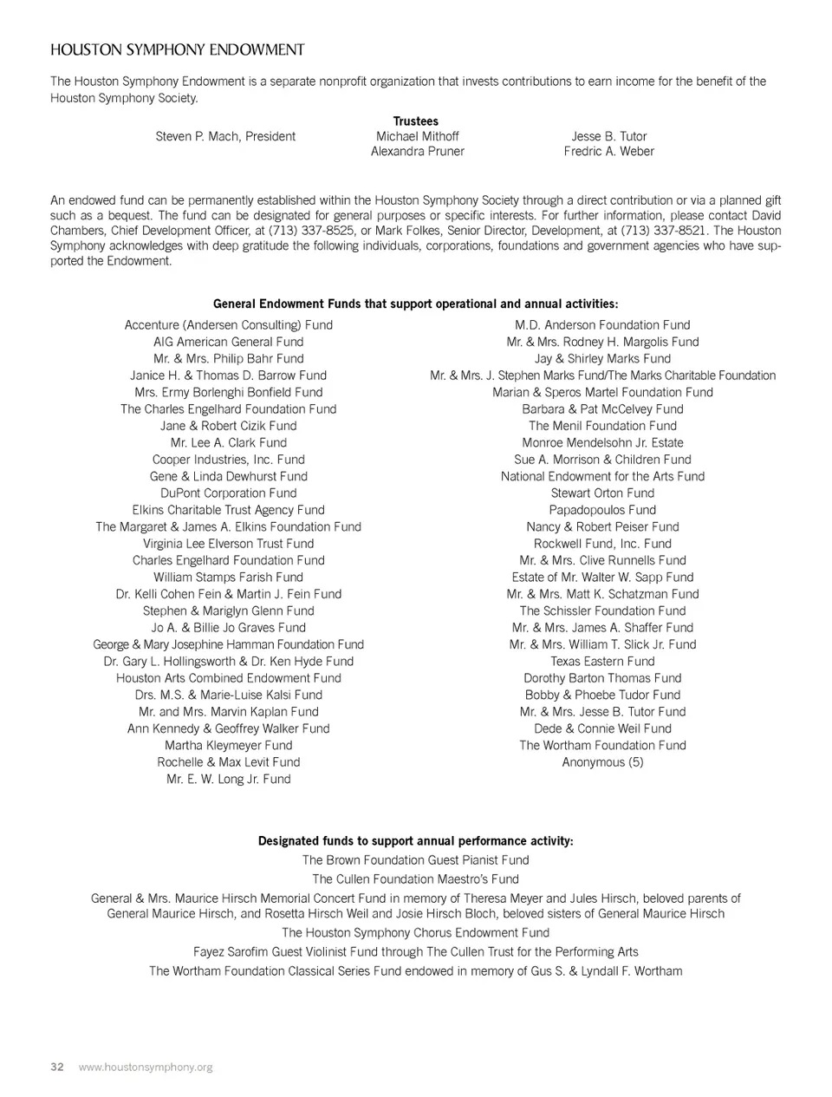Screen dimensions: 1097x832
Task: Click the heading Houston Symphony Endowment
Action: tap(178, 50)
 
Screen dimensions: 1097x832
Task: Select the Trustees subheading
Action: tap(416, 121)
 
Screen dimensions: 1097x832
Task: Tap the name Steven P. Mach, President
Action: tap(225, 136)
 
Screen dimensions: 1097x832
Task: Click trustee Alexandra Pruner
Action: tap(418, 152)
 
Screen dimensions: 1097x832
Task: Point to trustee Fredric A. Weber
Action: tap(609, 152)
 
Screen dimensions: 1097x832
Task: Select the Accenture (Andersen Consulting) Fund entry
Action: tap(229, 325)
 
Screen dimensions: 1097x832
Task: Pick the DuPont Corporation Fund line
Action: tap(229, 493)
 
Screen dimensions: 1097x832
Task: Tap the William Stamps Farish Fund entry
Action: tap(229, 578)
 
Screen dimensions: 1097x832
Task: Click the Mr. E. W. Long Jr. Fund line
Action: tap(229, 780)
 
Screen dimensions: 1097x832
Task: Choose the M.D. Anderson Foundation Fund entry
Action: tap(603, 325)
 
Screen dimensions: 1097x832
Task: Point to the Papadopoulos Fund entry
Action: tap(603, 510)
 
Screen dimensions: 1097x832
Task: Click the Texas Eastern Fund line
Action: tap(603, 662)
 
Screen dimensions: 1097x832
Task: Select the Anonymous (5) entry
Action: tap(603, 762)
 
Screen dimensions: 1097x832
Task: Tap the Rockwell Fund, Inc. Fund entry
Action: tap(603, 544)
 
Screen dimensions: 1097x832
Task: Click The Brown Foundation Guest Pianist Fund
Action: tap(416, 860)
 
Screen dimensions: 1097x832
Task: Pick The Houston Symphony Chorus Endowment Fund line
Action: tap(416, 933)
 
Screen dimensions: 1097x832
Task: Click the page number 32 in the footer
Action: tap(57, 1068)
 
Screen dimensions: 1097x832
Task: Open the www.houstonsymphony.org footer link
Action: tap(146, 1068)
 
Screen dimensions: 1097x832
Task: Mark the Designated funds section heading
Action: tap(416, 841)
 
